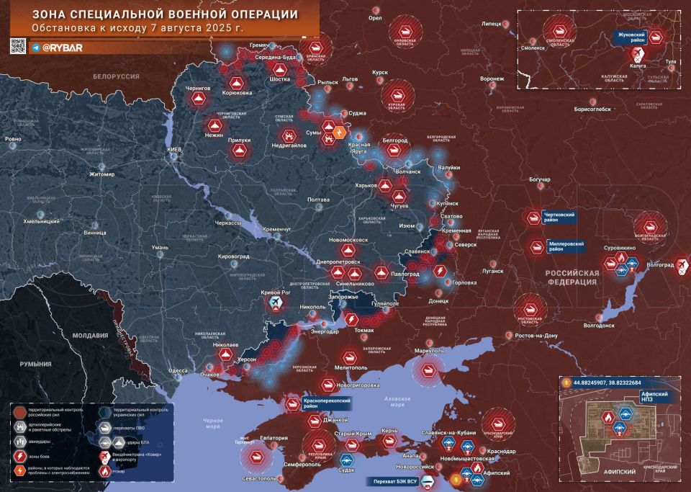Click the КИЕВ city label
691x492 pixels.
[x=175, y=148]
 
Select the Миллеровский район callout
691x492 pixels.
[x=565, y=246]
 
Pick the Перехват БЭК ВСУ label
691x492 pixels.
[x=394, y=480]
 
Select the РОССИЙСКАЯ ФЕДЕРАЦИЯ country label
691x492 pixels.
[x=572, y=278]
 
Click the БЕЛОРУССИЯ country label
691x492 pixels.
[x=116, y=76]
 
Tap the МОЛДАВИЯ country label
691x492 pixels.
[x=90, y=336]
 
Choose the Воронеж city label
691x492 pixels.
[x=492, y=79]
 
